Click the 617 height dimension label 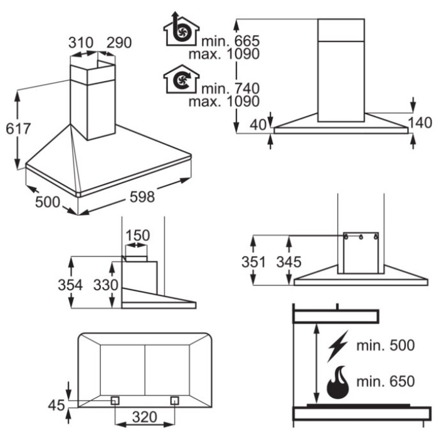pyautogui.click(x=18, y=129)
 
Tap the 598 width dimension pyautogui.click(x=142, y=196)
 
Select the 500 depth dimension pyautogui.click(x=48, y=202)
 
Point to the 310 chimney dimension pyautogui.click(x=81, y=43)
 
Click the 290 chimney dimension pyautogui.click(x=119, y=43)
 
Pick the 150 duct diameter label pyautogui.click(x=137, y=235)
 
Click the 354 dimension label pyautogui.click(x=70, y=285)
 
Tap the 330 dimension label pyautogui.click(x=106, y=285)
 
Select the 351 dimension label pyautogui.click(x=253, y=262)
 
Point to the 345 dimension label pyautogui.click(x=289, y=262)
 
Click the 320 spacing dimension pyautogui.click(x=144, y=417)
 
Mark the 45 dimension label pyautogui.click(x=56, y=405)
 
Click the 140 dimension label pyautogui.click(x=420, y=123)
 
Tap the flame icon pyautogui.click(x=338, y=382)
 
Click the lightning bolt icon pyautogui.click(x=338, y=346)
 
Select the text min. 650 pyautogui.click(x=386, y=381)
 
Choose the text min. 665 pyautogui.click(x=230, y=41)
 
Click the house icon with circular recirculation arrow pyautogui.click(x=181, y=79)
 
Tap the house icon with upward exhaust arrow pyautogui.click(x=181, y=29)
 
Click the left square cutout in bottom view pyautogui.click(x=115, y=401)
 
